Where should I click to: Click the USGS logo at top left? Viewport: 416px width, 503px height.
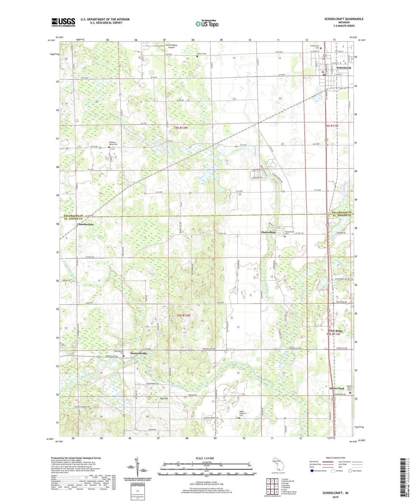pos(63,22)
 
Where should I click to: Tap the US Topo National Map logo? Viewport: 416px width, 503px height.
pos(206,23)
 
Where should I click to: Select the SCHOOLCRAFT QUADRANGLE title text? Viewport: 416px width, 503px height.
pos(344,19)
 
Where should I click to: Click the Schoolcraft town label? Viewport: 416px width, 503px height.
pos(344,68)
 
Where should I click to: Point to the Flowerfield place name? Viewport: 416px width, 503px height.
pos(268,232)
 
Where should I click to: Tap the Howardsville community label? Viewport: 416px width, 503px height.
pos(138,353)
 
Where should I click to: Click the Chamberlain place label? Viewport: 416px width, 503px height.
pos(85,224)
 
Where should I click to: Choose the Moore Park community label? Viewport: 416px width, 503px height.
pos(337,389)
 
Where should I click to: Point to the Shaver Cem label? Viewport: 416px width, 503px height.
pos(202,54)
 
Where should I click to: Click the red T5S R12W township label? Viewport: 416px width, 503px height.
pos(183,315)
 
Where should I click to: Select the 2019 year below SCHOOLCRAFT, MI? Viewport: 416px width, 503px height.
pos(335,497)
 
